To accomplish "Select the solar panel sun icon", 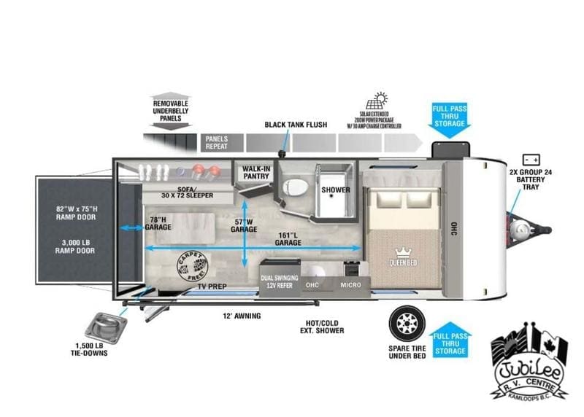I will [380, 101].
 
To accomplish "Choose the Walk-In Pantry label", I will [253, 172].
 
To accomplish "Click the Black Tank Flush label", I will [296, 125].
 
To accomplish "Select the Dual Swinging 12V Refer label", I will [280, 281].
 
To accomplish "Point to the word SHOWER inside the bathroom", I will [336, 190].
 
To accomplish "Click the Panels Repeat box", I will [218, 141].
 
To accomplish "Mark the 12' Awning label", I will [242, 316].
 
